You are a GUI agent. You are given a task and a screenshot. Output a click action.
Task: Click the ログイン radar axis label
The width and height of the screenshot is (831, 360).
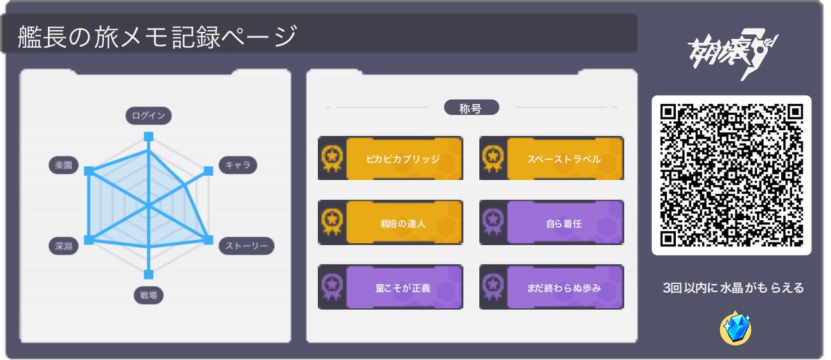point(148,116)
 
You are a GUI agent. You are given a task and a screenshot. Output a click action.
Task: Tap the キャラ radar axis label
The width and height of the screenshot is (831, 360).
point(238,165)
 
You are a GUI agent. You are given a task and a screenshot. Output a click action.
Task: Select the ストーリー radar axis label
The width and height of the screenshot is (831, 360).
point(246,246)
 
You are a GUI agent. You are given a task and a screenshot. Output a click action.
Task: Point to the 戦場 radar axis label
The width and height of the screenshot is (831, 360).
point(148,296)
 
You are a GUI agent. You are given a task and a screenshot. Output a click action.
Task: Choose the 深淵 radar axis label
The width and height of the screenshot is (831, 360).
point(63,246)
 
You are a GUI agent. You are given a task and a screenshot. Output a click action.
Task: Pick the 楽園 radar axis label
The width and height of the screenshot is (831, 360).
point(63,165)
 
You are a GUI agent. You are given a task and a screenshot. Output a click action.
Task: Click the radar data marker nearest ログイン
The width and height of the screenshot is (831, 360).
point(148,137)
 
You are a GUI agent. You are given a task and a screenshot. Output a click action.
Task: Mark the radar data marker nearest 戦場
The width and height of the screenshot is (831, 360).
point(148,274)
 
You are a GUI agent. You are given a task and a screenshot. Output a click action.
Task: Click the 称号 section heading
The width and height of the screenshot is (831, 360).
point(471,108)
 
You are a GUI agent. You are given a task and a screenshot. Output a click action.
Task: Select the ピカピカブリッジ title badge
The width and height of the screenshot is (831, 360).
point(391,159)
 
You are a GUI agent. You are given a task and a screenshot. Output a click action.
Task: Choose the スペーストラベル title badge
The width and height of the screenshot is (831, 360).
point(551,159)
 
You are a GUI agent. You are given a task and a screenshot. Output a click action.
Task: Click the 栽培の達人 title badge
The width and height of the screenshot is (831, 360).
point(391,223)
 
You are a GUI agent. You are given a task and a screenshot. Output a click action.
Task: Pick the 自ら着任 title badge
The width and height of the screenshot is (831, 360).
point(551,223)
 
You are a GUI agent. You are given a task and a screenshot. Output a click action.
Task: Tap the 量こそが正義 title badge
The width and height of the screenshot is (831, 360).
point(391,287)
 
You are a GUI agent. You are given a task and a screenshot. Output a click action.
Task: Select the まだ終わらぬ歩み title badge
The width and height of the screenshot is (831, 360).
point(551,287)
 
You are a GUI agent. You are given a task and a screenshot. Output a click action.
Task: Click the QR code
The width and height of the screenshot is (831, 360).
point(731,175)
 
